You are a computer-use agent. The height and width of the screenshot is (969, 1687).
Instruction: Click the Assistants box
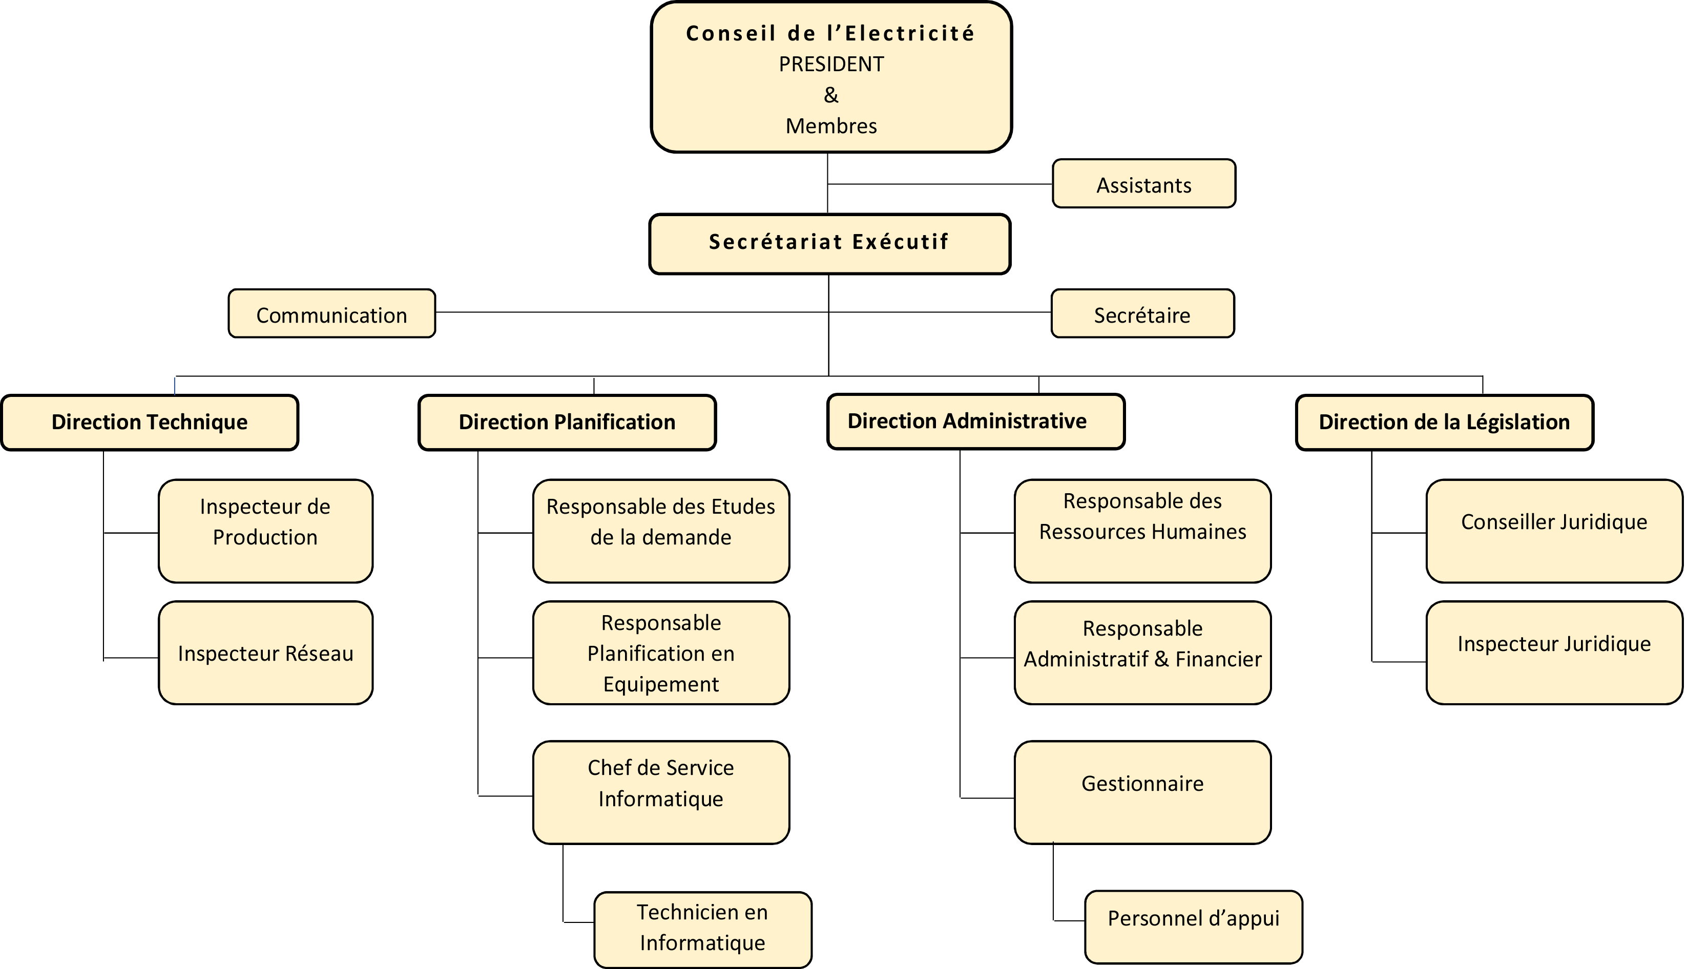[1144, 184]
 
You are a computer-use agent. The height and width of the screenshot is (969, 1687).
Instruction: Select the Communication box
[331, 313]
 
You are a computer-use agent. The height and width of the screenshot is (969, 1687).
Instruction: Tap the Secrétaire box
[1142, 313]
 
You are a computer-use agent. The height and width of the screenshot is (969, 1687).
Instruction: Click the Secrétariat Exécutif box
[829, 244]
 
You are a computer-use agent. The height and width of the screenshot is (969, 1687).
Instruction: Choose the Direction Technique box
[150, 423]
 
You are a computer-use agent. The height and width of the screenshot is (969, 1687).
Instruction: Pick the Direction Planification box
[567, 423]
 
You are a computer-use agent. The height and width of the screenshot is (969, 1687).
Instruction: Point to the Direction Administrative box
[975, 422]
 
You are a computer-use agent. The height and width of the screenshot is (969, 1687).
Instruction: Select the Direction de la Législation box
[1444, 423]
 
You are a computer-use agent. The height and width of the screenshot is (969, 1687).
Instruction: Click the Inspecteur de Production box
[265, 531]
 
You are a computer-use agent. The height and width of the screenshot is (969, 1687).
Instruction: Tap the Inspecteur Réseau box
[265, 653]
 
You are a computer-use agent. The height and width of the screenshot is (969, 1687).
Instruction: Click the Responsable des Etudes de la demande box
[661, 531]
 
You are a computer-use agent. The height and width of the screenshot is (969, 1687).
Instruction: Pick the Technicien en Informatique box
[703, 930]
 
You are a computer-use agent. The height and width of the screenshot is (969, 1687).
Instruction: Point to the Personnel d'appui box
[1193, 927]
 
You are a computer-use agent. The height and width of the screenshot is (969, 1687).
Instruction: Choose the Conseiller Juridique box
[1554, 531]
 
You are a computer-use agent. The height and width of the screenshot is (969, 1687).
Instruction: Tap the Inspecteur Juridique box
[1554, 653]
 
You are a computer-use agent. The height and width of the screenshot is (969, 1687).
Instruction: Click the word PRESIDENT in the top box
[831, 65]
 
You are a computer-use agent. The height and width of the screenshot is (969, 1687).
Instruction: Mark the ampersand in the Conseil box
[831, 95]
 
